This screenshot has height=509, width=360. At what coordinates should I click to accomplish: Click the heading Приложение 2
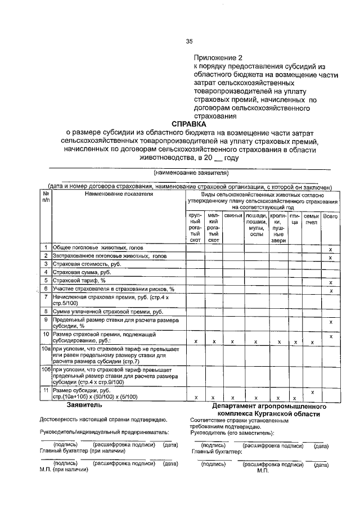coord(218,58)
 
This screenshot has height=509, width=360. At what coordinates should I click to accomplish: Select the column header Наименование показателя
coord(119,194)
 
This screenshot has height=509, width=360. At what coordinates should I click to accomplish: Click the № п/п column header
coord(45,197)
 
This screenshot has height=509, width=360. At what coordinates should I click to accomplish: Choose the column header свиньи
coord(232,216)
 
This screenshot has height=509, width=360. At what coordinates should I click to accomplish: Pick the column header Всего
coord(330,216)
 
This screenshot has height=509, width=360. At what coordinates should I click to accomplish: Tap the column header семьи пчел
coord(311,219)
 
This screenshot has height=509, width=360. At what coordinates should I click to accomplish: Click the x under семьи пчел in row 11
coord(311,391)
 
